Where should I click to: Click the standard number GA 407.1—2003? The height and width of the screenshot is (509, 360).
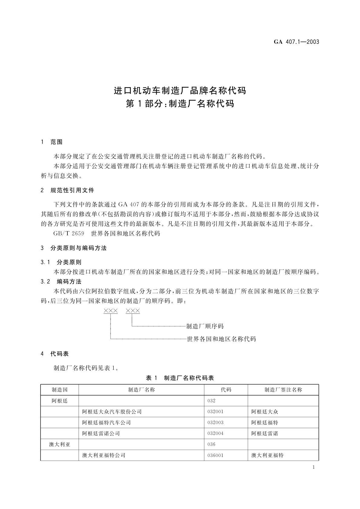[296, 42]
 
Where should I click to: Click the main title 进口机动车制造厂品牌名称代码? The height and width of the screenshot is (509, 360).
[180, 90]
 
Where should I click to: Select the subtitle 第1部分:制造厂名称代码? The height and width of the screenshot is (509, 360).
[180, 104]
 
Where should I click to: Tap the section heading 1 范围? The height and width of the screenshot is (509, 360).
[52, 142]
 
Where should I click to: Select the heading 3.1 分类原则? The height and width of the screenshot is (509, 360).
[61, 262]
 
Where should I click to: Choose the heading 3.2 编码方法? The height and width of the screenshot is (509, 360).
[61, 281]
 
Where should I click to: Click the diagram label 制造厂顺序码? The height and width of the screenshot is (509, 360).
[205, 326]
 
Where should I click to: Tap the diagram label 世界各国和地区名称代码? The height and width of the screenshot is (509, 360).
[221, 339]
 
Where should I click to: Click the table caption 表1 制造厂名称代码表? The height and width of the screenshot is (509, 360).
[180, 378]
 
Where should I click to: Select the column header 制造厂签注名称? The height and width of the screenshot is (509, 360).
[283, 390]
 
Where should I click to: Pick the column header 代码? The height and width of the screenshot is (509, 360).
[226, 390]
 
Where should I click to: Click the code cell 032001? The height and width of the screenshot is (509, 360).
[216, 412]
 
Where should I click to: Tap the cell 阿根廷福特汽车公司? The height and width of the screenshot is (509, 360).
[106, 423]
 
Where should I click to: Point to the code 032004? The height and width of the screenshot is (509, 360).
[216, 433]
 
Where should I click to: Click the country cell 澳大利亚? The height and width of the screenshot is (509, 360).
[60, 444]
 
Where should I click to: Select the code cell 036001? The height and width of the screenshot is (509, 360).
[216, 455]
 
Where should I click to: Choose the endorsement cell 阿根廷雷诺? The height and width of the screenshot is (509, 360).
[264, 433]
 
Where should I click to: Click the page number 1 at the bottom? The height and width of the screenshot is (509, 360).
[313, 468]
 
